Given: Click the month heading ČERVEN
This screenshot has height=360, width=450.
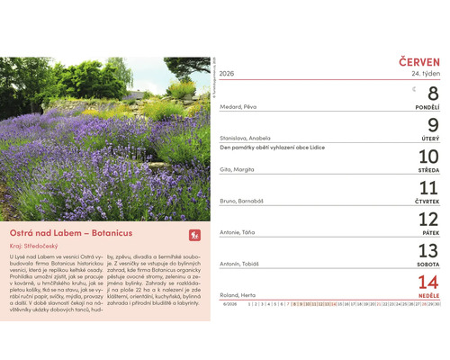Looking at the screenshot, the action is [419, 60].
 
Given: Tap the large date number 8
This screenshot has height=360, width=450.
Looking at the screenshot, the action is [432, 94].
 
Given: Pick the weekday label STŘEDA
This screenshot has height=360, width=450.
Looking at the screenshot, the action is [428, 169].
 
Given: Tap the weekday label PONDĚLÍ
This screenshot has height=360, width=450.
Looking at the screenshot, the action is [426, 106].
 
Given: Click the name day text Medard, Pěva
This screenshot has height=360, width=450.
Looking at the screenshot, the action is [238, 106].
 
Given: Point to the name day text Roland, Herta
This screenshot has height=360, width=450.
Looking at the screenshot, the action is [238, 295].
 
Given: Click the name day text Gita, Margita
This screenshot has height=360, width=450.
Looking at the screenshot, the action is [238, 169].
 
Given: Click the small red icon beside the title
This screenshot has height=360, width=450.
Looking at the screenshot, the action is [193, 235].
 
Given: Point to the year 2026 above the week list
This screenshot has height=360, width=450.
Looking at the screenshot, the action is [226, 73].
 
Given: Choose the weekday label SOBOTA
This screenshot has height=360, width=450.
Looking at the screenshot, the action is [427, 264].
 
